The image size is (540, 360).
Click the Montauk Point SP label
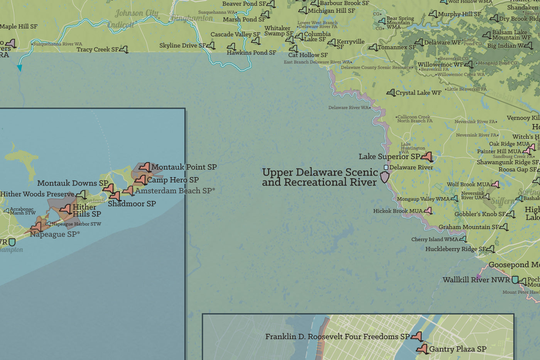tap(184, 167)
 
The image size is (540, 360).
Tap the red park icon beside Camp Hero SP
tap(141, 180)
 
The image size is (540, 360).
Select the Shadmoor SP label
tap(132, 204)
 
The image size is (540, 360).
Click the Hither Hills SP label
tap(87, 211)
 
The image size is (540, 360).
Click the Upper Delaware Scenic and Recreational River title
tap(320, 177)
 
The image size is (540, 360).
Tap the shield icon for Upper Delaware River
tap(385, 177)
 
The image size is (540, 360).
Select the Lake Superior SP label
tap(389, 157)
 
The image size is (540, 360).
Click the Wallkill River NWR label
tap(476, 280)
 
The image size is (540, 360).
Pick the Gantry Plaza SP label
tap(457, 349)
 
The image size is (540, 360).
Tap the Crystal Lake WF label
tap(418, 93)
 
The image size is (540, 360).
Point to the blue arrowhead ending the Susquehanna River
tap(19, 68)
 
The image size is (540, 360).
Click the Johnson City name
tap(137, 14)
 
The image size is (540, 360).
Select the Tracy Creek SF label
tap(98, 49)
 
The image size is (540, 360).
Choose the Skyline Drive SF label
tap(182, 46)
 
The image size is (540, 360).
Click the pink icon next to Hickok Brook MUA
tap(428, 211)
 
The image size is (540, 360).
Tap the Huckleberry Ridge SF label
tap(456, 249)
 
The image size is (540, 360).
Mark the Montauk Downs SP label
tap(73, 183)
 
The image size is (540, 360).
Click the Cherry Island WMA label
tap(435, 239)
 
